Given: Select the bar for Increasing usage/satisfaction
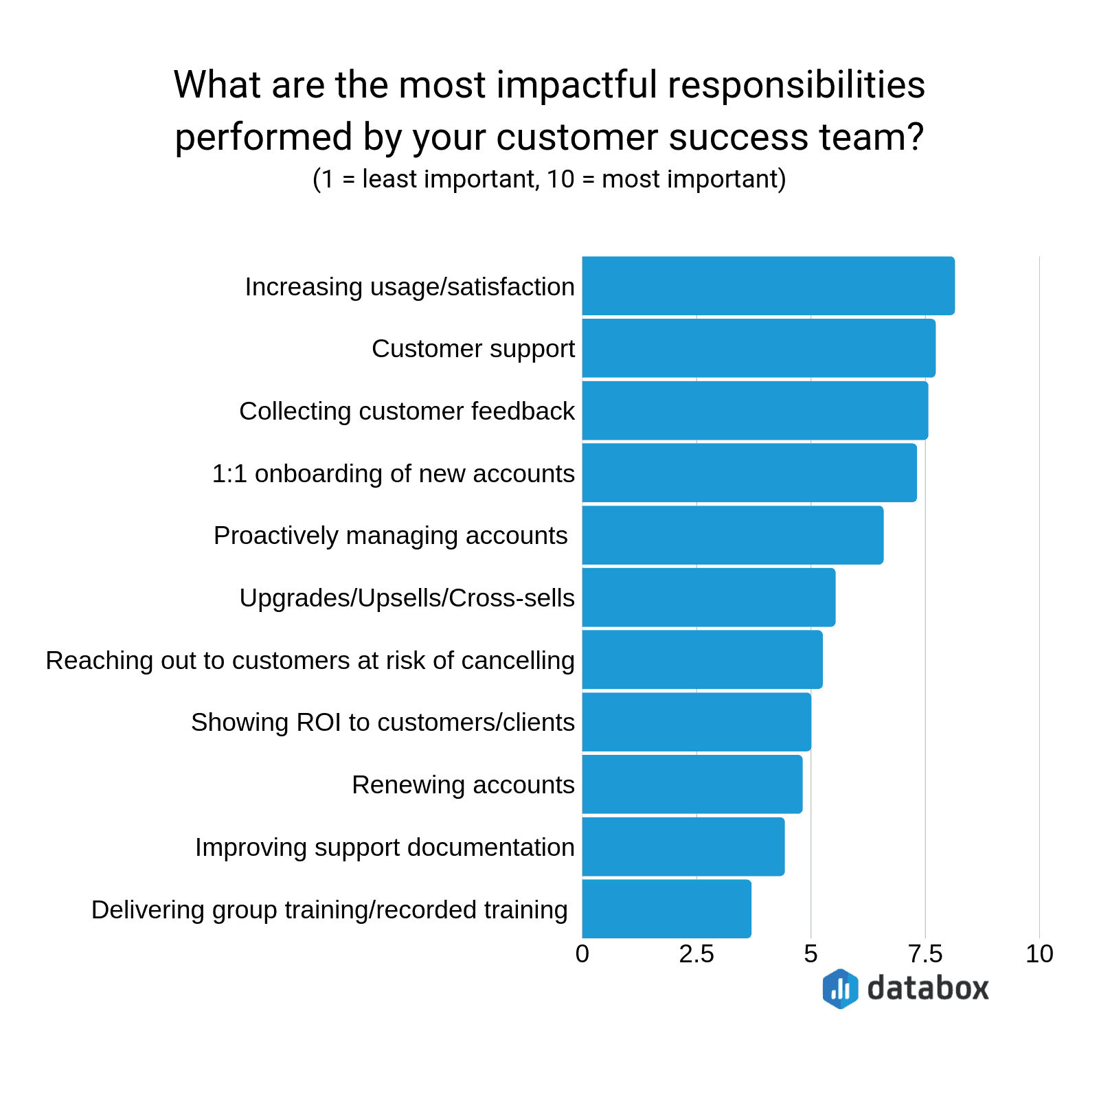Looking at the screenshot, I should coord(768,286).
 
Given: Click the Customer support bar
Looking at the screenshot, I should coord(758,348).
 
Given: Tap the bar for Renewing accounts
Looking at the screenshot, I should coord(692,784).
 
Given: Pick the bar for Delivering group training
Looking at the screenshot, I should coord(666,909).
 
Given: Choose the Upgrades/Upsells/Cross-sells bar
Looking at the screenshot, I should coord(708,598).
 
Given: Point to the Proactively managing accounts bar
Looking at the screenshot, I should coord(732,535).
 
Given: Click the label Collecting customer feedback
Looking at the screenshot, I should coord(407,411).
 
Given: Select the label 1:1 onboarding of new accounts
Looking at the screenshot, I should coord(393,473).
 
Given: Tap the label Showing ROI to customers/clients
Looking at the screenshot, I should coord(383,723).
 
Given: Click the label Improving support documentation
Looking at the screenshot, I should coord(385,847).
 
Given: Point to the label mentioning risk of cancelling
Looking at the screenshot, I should coord(310,660).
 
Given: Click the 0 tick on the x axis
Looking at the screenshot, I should coord(582,953).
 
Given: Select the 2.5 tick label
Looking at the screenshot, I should coord(696,953).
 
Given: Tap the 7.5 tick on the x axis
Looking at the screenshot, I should coord(925,953).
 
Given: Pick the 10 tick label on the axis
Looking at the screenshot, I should coord(1039,953).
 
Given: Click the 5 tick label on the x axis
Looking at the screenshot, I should coord(811,953).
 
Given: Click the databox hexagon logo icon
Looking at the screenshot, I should coord(840,988).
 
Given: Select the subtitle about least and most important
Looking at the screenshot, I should coord(549,179).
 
